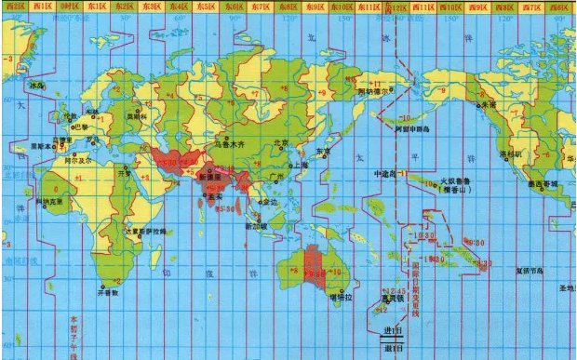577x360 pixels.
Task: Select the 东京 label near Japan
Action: click(x=324, y=150)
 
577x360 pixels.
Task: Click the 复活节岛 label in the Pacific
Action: click(x=531, y=273)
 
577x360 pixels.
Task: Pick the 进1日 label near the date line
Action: click(x=392, y=330)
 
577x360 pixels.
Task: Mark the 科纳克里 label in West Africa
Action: click(x=48, y=200)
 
